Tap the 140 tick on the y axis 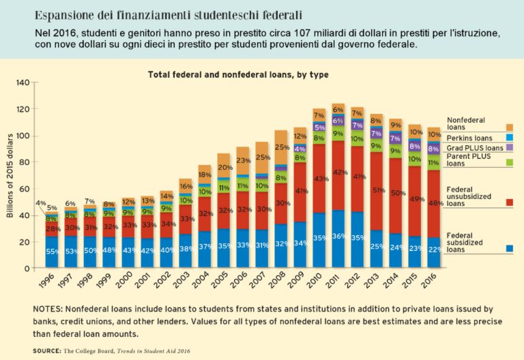pyautogui.click(x=23, y=82)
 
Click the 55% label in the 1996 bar pyautogui.click(x=51, y=252)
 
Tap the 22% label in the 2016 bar pyautogui.click(x=434, y=248)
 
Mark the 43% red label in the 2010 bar pyautogui.click(x=319, y=179)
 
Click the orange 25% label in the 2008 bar pyautogui.click(x=280, y=147)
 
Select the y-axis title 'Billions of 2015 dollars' pyautogui.click(x=10, y=176)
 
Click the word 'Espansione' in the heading pyautogui.click(x=63, y=14)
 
